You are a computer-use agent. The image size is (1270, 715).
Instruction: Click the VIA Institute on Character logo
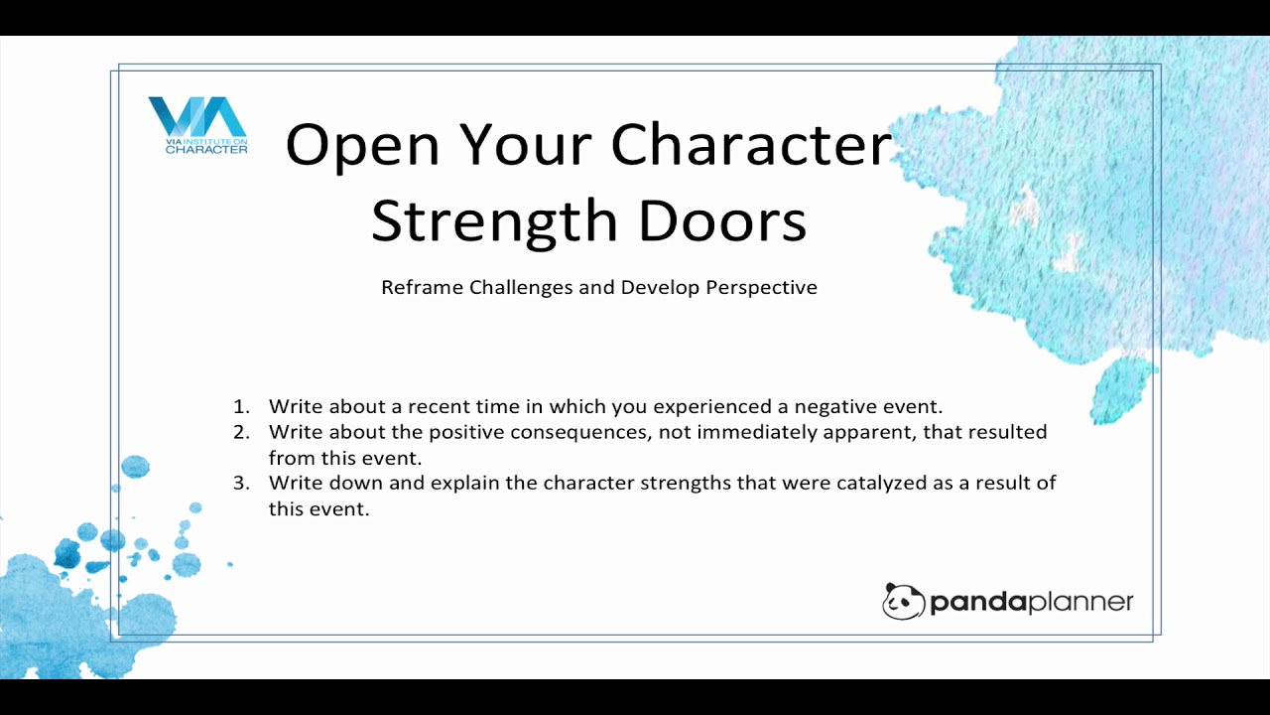tap(197, 125)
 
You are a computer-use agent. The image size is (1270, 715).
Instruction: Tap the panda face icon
tap(903, 601)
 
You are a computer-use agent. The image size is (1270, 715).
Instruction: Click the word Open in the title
tap(363, 145)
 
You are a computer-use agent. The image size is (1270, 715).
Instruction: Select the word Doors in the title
tap(722, 220)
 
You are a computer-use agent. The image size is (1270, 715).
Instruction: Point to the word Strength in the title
tap(494, 223)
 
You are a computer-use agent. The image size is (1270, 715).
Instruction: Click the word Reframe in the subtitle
tap(422, 287)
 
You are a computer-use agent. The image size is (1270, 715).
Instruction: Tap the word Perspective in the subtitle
tap(761, 288)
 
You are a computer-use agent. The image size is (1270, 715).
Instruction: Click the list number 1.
tap(241, 406)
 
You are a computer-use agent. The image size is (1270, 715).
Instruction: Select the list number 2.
tap(241, 432)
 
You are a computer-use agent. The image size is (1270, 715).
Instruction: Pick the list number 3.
tap(241, 483)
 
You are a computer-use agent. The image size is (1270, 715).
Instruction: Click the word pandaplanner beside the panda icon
tap(1032, 602)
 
